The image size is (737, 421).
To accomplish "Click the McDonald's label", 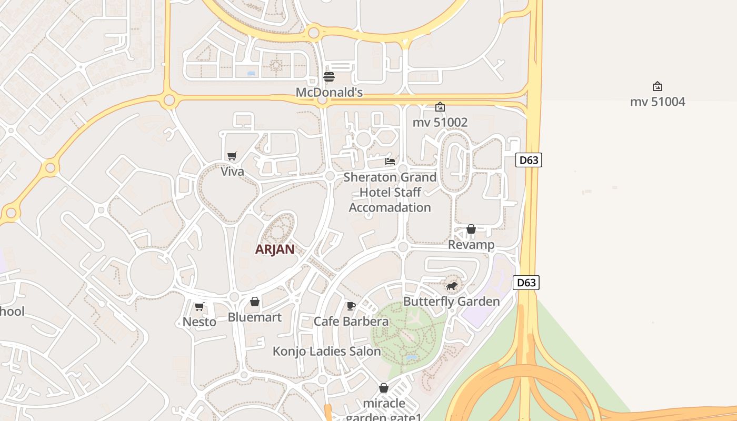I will tap(329, 93).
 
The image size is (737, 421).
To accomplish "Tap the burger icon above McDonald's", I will tap(329, 77).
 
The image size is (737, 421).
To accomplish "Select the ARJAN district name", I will tap(274, 249).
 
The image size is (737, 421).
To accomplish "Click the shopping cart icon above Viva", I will tap(232, 156).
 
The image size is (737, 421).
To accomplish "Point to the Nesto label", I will tap(199, 322).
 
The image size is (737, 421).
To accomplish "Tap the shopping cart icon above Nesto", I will tap(199, 306).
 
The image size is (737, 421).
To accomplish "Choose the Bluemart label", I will tap(254, 317).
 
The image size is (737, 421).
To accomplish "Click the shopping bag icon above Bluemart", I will tap(255, 302).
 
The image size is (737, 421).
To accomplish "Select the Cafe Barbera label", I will tap(351, 322).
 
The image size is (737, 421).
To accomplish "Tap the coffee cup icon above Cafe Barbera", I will tap(351, 306).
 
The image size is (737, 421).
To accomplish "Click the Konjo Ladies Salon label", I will tap(326, 352).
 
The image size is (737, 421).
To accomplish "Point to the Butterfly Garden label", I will tap(451, 302).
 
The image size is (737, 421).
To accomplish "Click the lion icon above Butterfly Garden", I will tap(452, 286).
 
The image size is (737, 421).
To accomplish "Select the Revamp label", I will tap(471, 245).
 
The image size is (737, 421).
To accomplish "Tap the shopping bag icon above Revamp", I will tap(471, 229).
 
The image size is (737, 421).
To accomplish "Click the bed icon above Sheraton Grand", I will tap(390, 162).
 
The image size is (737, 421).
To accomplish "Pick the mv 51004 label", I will tap(658, 102).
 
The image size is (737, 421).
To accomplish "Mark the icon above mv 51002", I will tap(440, 107).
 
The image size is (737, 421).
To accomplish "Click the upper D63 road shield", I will tap(529, 160).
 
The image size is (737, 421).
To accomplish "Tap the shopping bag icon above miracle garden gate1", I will tap(384, 388).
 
